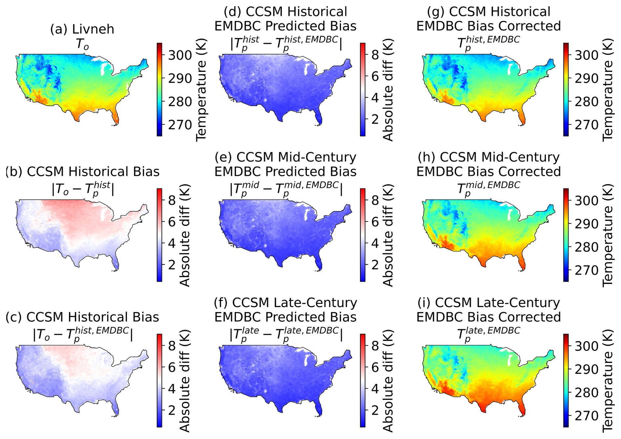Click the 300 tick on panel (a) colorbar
click(180, 55)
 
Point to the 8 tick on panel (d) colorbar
click(375, 55)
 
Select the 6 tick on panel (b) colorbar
click(172, 222)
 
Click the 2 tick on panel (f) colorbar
click(375, 410)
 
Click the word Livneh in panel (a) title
click(93, 29)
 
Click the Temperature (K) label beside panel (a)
click(201, 90)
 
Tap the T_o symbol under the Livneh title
click(82, 44)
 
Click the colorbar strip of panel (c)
click(160, 381)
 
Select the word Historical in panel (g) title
click(499, 12)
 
